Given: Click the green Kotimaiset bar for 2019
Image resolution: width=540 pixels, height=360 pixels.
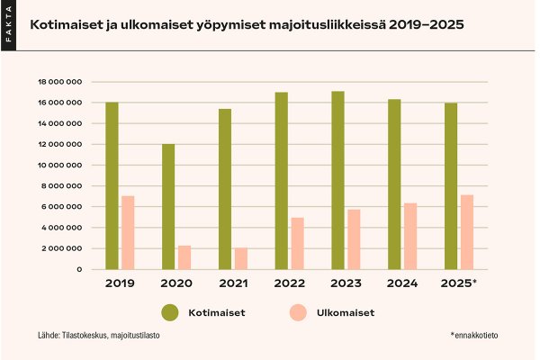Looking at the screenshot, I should point(112,185).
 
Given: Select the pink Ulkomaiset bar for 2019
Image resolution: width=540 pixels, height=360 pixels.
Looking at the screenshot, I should point(128,232).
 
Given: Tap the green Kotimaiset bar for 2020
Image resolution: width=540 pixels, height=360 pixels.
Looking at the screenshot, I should point(168,206).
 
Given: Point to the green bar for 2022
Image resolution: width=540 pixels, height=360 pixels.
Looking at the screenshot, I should point(282,180).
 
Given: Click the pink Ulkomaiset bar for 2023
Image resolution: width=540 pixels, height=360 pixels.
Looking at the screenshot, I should point(355,239).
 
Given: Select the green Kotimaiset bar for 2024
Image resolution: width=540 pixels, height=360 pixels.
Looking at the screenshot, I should point(394,184).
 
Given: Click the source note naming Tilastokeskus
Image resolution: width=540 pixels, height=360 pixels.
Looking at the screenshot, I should point(99,336).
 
